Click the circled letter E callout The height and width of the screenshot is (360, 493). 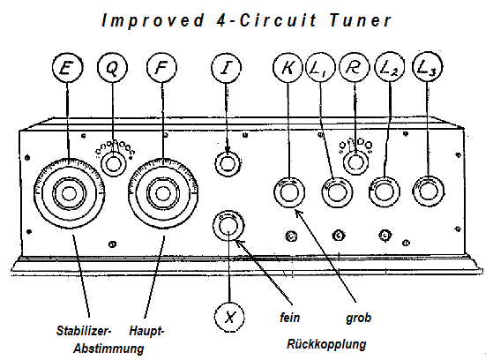(67, 68)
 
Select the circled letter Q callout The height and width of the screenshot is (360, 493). (112, 68)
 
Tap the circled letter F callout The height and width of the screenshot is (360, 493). (161, 68)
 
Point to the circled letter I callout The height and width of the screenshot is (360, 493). (227, 68)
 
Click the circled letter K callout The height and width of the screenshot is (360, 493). (288, 68)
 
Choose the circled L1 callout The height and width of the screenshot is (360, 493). (320, 68)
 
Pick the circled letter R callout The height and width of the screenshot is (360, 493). (355, 68)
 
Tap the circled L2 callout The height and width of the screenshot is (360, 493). (390, 68)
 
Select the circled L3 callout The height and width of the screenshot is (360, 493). (427, 67)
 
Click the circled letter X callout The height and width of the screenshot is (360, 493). (229, 317)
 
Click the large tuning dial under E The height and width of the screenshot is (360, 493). (69, 193)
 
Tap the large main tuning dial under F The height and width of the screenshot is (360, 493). (163, 193)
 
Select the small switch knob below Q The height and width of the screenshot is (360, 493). (113, 163)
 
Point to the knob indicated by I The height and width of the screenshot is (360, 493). (228, 163)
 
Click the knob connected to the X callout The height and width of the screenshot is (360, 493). (228, 226)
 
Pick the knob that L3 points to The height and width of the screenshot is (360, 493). (428, 191)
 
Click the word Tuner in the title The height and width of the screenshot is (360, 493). (361, 21)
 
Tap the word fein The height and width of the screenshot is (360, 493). (289, 317)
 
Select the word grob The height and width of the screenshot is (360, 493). (358, 318)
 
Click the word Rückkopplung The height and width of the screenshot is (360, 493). (326, 344)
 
